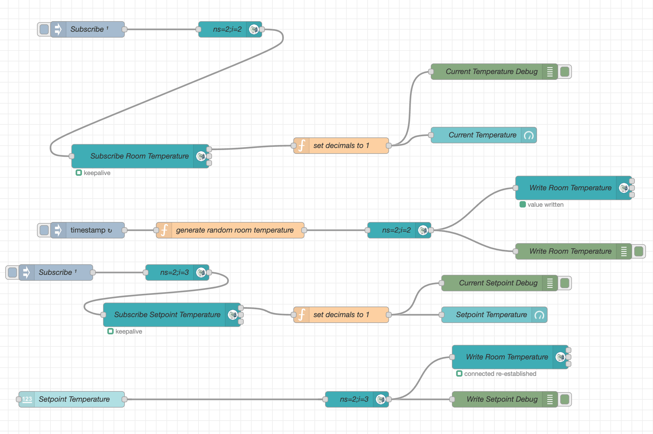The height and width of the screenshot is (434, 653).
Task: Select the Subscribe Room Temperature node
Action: click(139, 156)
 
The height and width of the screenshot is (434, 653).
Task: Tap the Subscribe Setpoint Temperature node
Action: click(167, 315)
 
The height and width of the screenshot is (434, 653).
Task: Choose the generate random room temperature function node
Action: click(234, 230)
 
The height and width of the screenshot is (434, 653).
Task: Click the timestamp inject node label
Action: click(88, 230)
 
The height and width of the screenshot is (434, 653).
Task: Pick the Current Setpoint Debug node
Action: click(498, 283)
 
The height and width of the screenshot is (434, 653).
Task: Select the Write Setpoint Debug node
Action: click(502, 399)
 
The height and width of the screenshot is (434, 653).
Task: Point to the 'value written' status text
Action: click(545, 205)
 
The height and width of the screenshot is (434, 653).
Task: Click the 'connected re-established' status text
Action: click(500, 374)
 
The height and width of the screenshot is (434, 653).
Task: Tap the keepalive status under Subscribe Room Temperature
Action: click(97, 173)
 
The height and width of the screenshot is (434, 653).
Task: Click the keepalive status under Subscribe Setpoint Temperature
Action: click(128, 331)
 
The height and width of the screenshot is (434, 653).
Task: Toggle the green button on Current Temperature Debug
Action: click(565, 72)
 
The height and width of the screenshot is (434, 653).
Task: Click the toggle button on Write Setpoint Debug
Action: click(565, 399)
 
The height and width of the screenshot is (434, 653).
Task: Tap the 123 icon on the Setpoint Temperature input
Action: click(27, 399)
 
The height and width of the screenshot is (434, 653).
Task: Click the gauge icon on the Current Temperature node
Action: click(529, 135)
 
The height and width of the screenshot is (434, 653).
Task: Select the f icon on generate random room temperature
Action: click(164, 230)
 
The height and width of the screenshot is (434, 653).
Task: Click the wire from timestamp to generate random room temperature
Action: click(140, 230)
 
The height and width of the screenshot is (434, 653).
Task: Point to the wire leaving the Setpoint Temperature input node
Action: click(224, 399)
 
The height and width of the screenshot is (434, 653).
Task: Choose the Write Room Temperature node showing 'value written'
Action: click(570, 188)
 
